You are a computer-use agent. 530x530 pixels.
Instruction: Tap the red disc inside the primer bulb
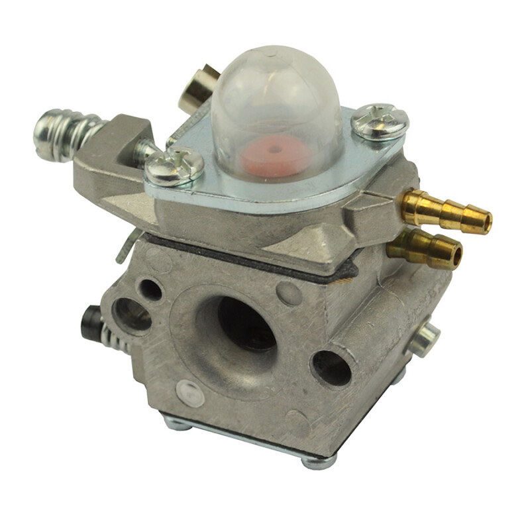pyautogui.click(x=276, y=156)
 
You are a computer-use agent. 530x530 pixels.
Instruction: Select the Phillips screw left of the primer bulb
pyautogui.click(x=174, y=166)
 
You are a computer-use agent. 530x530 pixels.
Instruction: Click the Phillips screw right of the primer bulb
pyautogui.click(x=380, y=122)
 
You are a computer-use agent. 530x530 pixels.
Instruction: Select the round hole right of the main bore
pyautogui.click(x=331, y=368)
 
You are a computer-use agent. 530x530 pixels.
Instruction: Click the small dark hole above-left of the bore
pyautogui.click(x=150, y=289)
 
